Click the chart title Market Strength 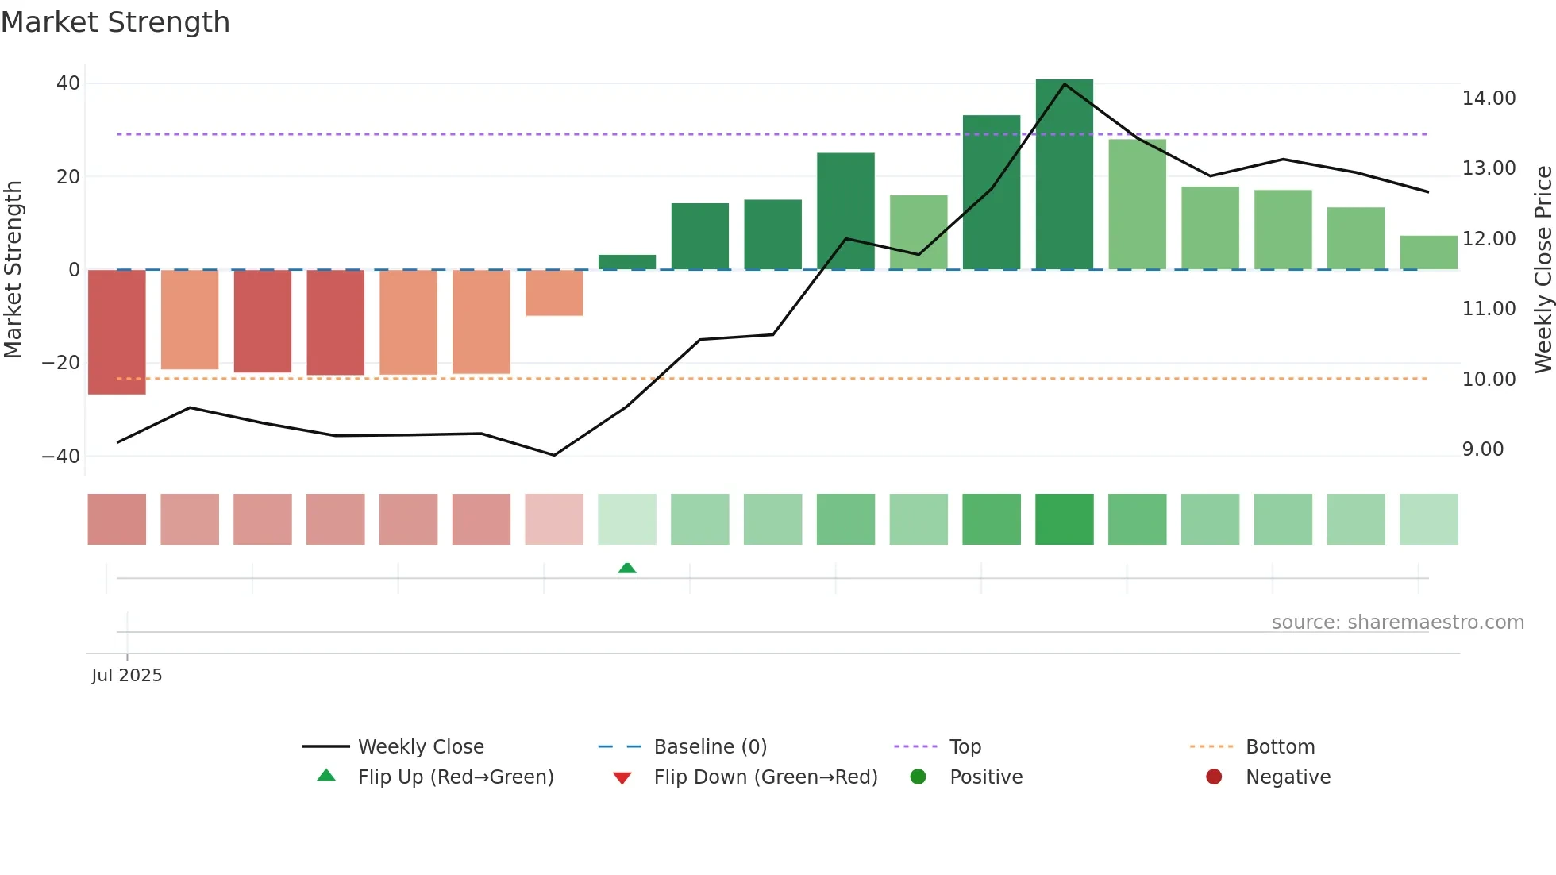pos(115,22)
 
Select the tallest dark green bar pos(1064,175)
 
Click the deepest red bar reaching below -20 pos(117,332)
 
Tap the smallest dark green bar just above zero pos(626,262)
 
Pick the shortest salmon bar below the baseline pos(554,292)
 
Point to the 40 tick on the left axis pos(68,83)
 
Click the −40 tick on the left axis pos(62,457)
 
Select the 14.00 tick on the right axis pos(1489,98)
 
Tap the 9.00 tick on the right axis pos(1483,449)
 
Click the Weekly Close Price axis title pos(1543,270)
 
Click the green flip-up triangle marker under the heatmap pos(626,568)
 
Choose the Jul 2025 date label pos(127,676)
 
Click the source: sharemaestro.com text pos(1397,623)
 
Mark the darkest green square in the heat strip pos(1064,519)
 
